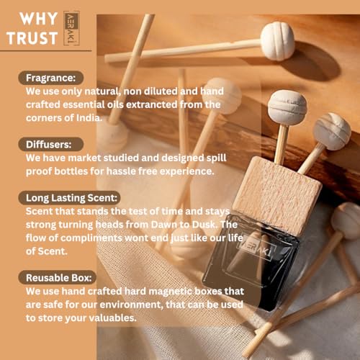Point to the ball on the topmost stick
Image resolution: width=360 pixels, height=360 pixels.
tap(277, 41)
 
